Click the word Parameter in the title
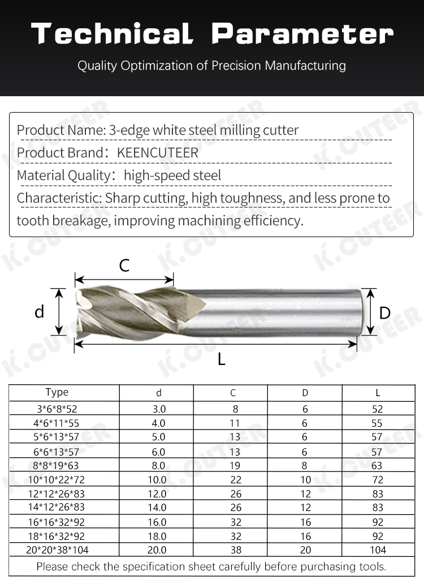[x=302, y=34]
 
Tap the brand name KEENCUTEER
[x=158, y=153]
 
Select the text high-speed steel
[x=172, y=175]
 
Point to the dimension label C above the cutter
[x=124, y=265]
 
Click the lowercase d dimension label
[x=39, y=312]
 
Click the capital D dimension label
[x=385, y=312]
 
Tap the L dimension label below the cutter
[x=222, y=359]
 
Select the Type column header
[x=57, y=392]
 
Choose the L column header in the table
[x=378, y=393]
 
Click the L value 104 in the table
[x=378, y=550]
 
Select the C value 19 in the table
[x=235, y=465]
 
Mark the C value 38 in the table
[x=235, y=550]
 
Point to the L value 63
[x=378, y=465]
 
